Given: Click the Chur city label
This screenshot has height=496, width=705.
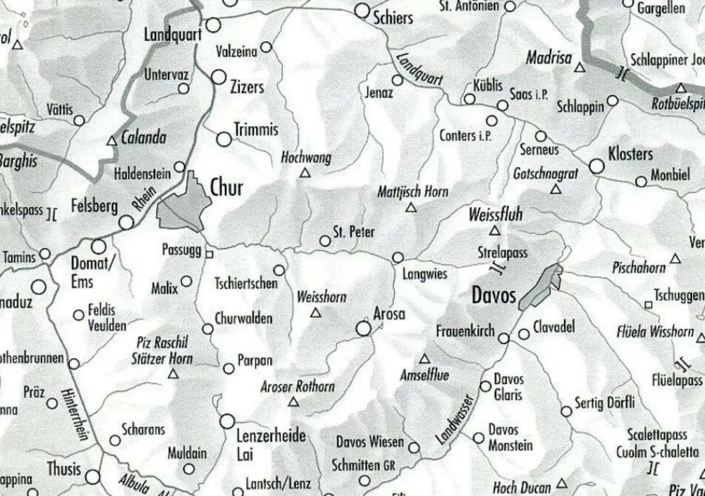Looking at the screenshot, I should pos(226,187).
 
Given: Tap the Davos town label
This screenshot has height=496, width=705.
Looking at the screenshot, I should pos(493,294).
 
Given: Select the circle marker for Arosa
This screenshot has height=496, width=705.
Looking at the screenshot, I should pos(364,328).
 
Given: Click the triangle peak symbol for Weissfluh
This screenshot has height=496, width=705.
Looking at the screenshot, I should pos(495,230).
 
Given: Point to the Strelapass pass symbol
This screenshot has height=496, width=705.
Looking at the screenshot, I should pos(498,268).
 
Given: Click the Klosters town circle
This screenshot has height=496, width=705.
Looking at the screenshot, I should pos(597,167).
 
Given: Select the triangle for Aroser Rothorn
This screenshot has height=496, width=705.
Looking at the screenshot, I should pos(295,402).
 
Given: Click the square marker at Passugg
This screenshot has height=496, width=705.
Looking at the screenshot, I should pos(209,251).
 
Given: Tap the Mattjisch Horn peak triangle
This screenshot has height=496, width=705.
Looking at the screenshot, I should pos(412,208).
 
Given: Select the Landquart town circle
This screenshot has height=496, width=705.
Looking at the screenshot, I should pos(213,26).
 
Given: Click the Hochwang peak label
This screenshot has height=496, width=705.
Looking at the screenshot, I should pos(306,158).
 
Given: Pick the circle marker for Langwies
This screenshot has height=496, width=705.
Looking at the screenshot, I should pos(398,258).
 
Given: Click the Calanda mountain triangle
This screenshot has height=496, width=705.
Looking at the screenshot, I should pos(111,142).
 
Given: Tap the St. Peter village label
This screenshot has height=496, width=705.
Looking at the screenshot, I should pos(354,232).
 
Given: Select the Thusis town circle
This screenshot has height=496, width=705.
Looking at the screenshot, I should pos(93,477).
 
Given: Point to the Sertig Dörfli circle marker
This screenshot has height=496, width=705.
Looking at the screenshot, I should pos(566,411).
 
